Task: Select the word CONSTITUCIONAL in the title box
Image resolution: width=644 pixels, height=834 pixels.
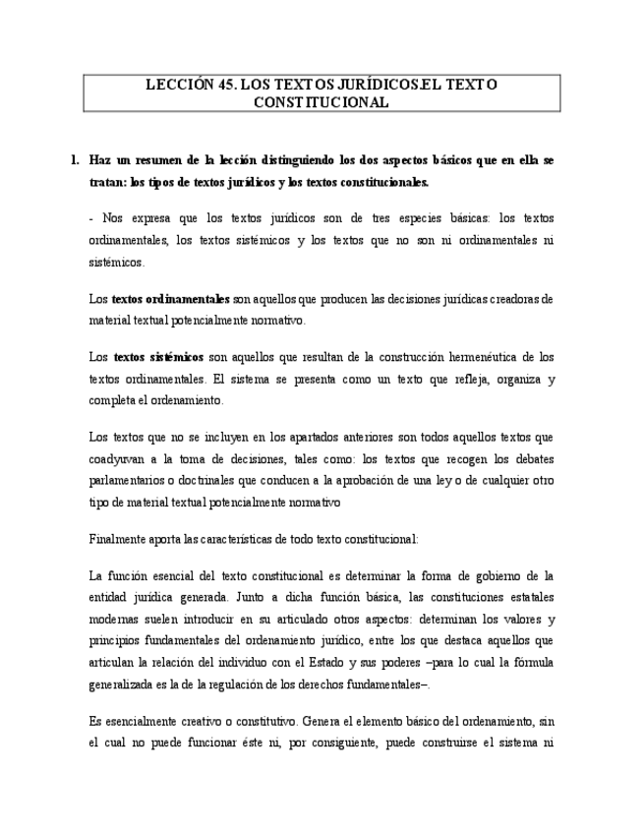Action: (322, 101)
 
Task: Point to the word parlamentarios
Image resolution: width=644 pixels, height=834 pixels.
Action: (129, 480)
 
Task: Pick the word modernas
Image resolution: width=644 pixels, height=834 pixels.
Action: (116, 619)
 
